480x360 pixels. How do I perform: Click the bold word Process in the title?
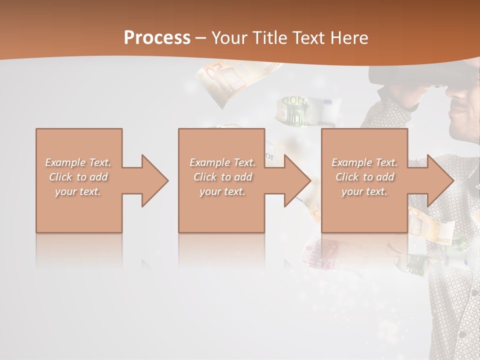(x=157, y=38)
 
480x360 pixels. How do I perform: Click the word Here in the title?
(x=349, y=38)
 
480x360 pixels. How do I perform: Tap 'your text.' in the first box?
(x=77, y=191)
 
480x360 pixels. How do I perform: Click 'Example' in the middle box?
(x=209, y=162)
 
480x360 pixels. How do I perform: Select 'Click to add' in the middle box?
(x=222, y=177)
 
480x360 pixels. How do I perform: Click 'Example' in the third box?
(x=351, y=162)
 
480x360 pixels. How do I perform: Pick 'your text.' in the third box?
(x=364, y=191)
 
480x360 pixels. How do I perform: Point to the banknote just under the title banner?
(x=222, y=80)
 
